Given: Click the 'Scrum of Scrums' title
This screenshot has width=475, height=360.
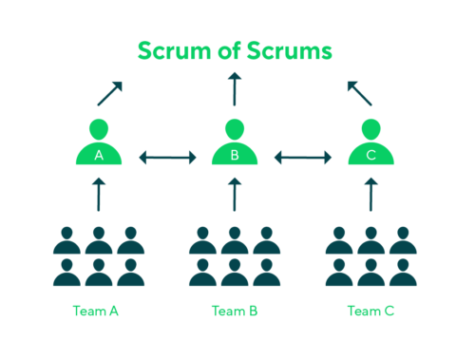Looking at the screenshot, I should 235,50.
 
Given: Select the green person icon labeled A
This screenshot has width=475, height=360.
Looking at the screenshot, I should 99,142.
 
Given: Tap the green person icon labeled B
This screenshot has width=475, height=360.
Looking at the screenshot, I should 235,142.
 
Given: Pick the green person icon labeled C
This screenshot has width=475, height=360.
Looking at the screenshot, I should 370,142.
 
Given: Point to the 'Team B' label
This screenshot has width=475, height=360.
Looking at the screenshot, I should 235,311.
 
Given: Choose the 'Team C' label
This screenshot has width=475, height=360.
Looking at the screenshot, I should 370,311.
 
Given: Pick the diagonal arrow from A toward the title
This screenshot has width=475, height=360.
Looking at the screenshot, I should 109,93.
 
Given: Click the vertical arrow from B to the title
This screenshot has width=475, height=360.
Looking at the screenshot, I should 235,92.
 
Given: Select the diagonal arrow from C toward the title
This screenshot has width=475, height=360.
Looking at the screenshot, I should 360,93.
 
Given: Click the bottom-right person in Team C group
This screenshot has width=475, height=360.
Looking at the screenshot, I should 402,272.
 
